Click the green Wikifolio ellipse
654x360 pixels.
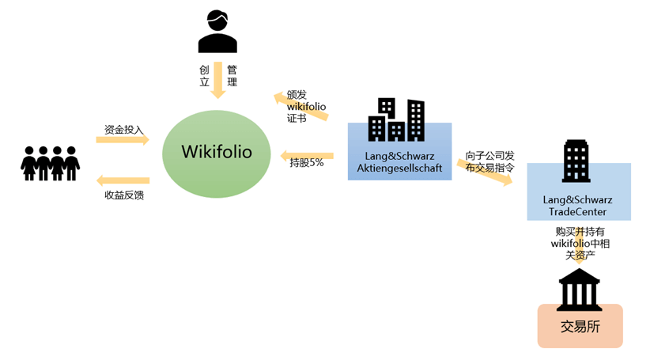pyautogui.click(x=217, y=153)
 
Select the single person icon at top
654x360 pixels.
pyautogui.click(x=217, y=32)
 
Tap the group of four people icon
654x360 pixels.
pyautogui.click(x=50, y=163)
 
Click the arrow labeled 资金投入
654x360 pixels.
pyautogui.click(x=123, y=139)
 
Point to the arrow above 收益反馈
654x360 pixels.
pyautogui.click(x=123, y=180)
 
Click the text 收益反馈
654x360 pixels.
pyautogui.click(x=124, y=195)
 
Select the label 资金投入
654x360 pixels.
pyautogui.click(x=124, y=130)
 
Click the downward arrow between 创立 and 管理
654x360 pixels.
pyautogui.click(x=217, y=80)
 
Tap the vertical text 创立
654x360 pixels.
pyautogui.click(x=204, y=75)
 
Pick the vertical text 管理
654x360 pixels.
pyautogui.click(x=232, y=75)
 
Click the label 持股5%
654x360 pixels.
pyautogui.click(x=307, y=163)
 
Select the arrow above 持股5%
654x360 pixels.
pyautogui.click(x=307, y=156)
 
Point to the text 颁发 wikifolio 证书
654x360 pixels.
pyautogui.click(x=306, y=107)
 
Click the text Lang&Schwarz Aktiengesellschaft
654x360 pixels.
pyautogui.click(x=399, y=162)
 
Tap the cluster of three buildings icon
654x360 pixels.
pyautogui.click(x=396, y=119)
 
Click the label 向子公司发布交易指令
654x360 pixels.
pyautogui.click(x=490, y=162)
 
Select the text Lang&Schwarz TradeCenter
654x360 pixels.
pyautogui.click(x=577, y=206)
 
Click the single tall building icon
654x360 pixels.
pyautogui.click(x=576, y=161)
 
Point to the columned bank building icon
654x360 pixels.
pyautogui.click(x=579, y=290)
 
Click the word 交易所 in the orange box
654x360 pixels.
pyautogui.click(x=580, y=327)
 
